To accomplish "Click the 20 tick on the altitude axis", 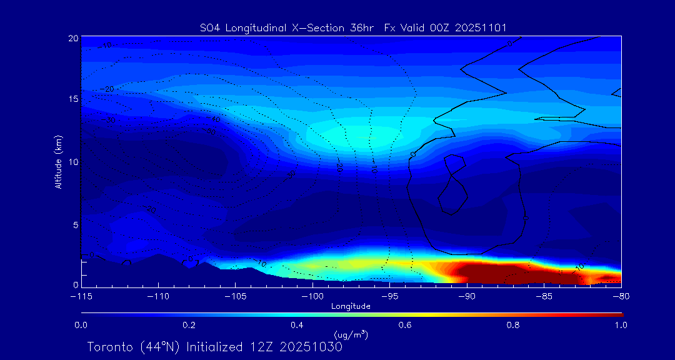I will pos(73,38).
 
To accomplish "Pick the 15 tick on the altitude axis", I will pos(73,100).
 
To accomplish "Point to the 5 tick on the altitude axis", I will pos(75,224).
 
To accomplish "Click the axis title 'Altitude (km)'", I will pos(58,162).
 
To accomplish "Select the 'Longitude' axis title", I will pos(351,306).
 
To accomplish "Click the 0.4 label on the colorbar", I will pos(297,325).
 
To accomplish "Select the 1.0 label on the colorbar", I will pos(621,325).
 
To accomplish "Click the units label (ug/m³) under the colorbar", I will pos(351,335).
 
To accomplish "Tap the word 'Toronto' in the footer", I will pos(109,347).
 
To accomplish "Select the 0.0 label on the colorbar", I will pos(81,325).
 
